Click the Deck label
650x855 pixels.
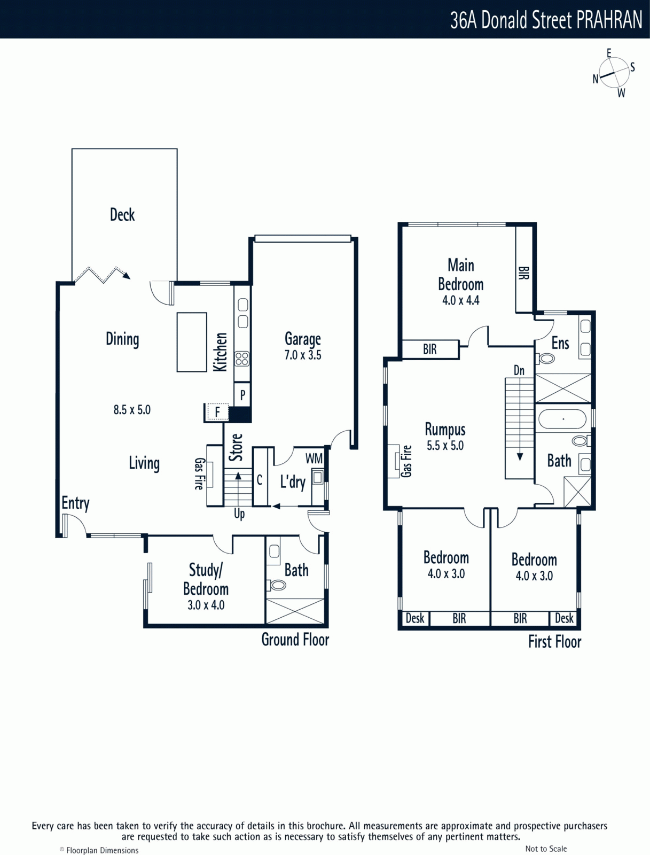click(x=122, y=215)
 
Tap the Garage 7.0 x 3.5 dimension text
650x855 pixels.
click(x=303, y=355)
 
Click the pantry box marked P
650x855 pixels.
click(x=242, y=394)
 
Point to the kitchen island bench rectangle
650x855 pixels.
click(x=192, y=342)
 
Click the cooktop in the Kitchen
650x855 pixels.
click(x=242, y=359)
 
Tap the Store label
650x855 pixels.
click(x=236, y=447)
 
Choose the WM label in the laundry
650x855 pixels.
click(x=314, y=458)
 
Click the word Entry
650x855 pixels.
click(x=75, y=503)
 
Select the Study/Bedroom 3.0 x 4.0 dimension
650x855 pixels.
click(x=206, y=605)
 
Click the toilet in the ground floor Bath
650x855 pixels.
click(x=276, y=585)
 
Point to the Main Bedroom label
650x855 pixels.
click(x=461, y=275)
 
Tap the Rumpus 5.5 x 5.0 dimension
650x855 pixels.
click(x=445, y=446)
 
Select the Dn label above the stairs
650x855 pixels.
click(x=519, y=370)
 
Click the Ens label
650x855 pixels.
click(x=560, y=344)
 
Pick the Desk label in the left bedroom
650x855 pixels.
click(x=415, y=618)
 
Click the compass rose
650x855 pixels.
click(x=614, y=73)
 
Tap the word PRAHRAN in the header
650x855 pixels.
click(x=609, y=20)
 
